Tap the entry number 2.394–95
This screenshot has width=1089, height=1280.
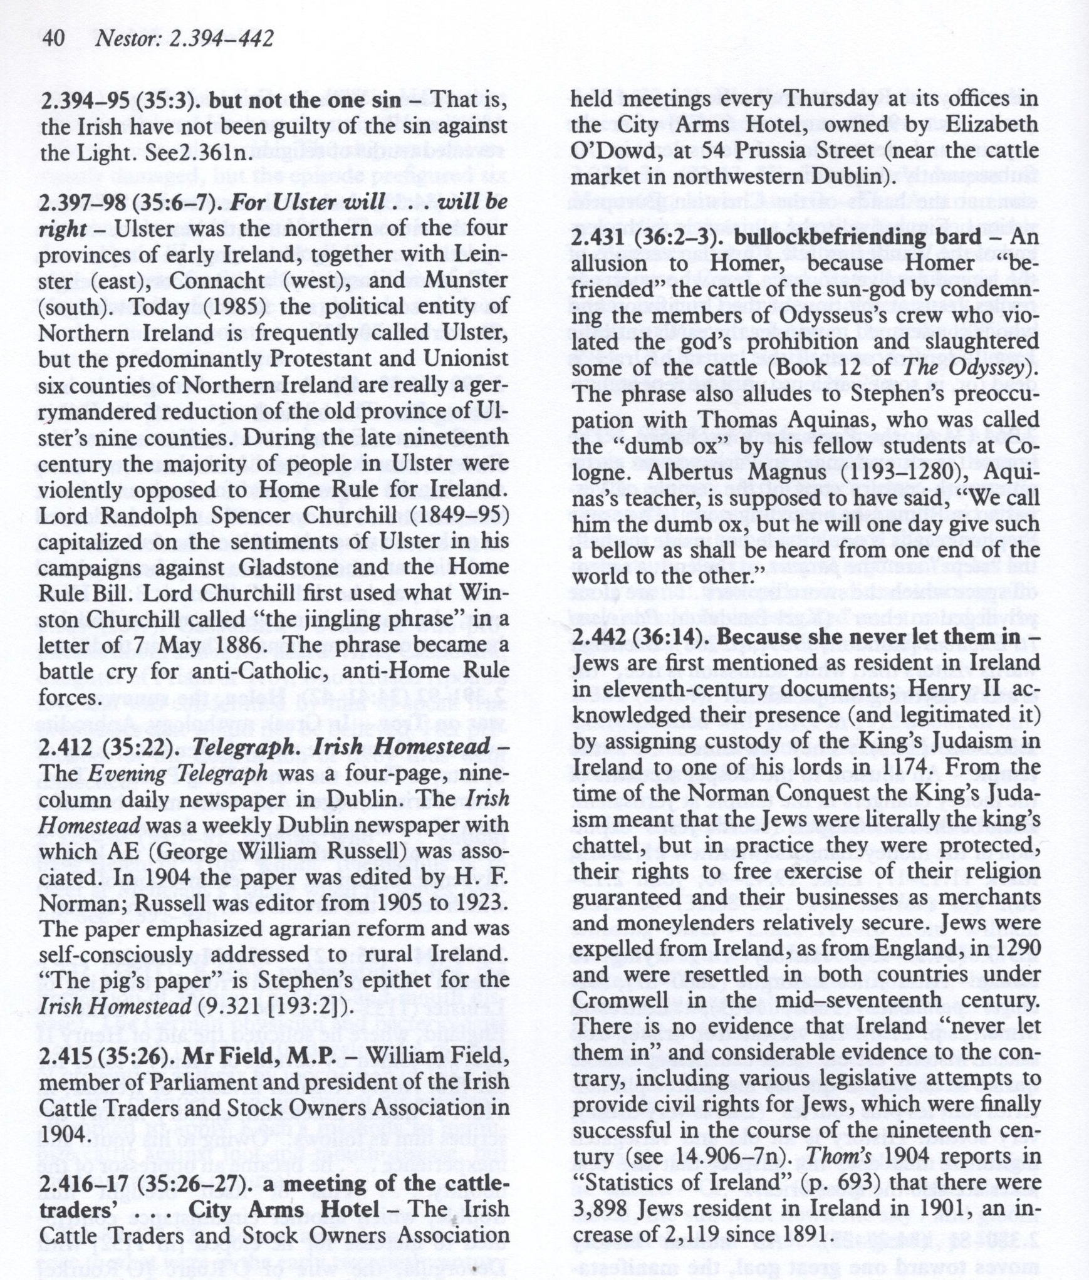pos(80,101)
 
